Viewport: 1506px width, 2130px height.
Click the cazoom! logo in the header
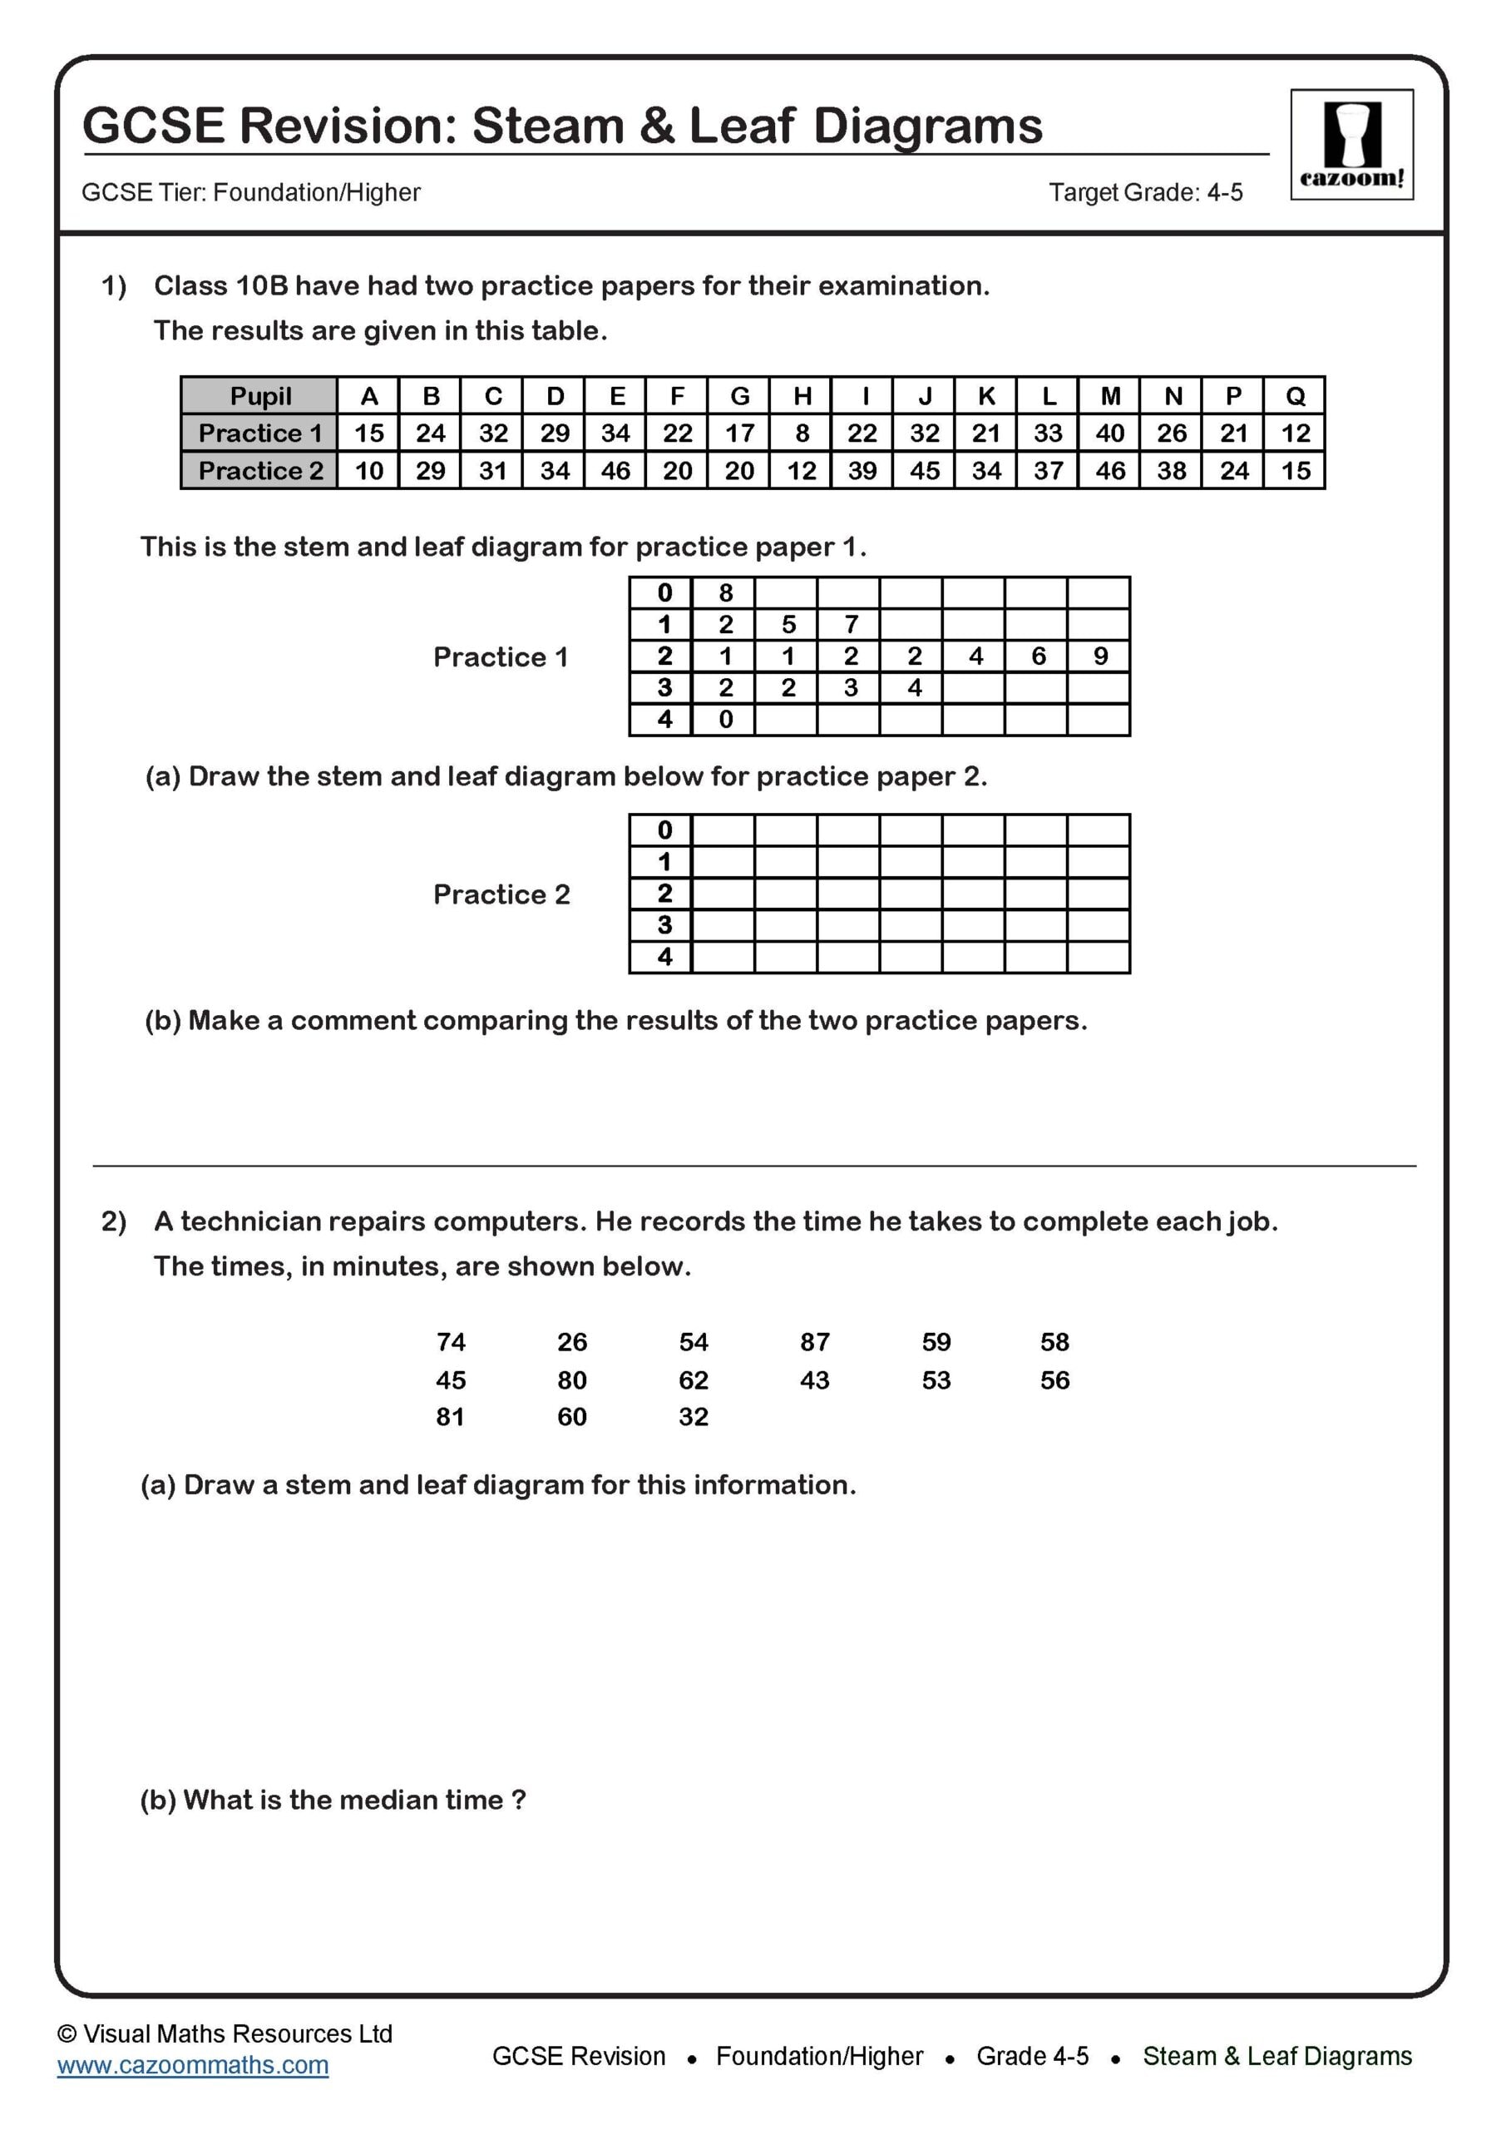1351,144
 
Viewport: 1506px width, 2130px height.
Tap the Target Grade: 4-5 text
1145,193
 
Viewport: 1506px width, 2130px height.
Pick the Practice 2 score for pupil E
615,471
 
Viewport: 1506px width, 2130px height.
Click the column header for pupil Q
1295,396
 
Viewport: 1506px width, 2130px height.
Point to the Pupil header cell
259,396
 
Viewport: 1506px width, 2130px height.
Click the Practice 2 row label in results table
259,471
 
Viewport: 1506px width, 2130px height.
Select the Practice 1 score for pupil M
1109,433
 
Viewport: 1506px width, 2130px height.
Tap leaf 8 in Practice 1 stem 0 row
725,592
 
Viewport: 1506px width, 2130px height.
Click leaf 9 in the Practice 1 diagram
1100,656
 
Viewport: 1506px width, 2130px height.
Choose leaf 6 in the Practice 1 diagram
1038,656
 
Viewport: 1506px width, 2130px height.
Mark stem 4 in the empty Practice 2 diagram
664,958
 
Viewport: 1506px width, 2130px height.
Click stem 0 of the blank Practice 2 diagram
664,830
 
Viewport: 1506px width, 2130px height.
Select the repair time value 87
814,1342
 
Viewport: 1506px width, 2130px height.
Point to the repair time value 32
693,1417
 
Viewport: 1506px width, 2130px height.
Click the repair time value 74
451,1342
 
